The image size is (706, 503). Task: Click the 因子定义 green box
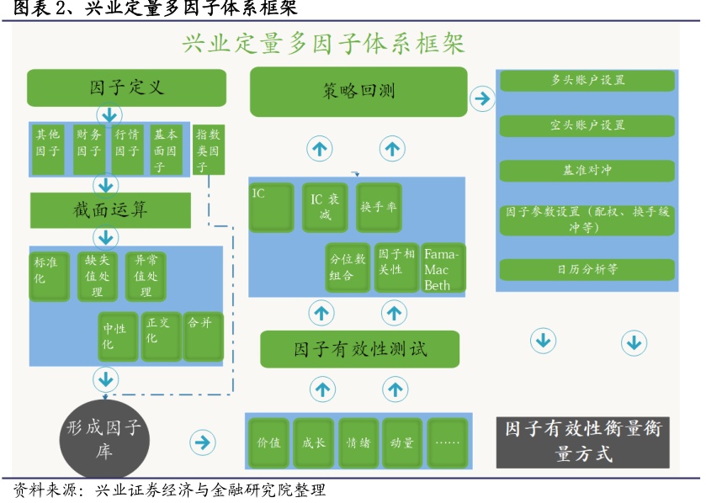[126, 87]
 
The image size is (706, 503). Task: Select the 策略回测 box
[358, 91]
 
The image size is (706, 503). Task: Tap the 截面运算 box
[110, 209]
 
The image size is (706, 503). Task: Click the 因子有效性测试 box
[359, 349]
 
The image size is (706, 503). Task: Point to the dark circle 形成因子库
[104, 438]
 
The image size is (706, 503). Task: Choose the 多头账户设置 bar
[587, 81]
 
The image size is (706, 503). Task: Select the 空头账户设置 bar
[587, 125]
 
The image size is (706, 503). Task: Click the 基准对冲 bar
[587, 170]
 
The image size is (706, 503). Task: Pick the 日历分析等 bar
[587, 269]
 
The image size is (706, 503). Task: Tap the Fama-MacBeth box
[443, 268]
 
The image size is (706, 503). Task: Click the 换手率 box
[378, 207]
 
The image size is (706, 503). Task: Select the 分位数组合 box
[348, 268]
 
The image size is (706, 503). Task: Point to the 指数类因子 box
[208, 149]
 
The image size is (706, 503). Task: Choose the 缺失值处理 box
[97, 275]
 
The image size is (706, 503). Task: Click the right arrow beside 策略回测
[482, 98]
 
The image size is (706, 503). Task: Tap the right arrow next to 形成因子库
[202, 442]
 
